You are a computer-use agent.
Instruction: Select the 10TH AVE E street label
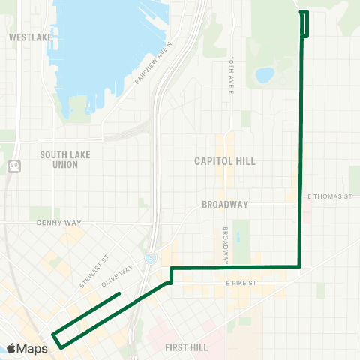point(232,72)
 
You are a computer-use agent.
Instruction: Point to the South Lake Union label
point(64,160)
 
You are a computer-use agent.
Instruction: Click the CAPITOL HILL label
point(225,161)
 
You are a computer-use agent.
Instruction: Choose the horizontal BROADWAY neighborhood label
point(225,204)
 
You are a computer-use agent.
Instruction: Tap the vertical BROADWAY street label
point(224,242)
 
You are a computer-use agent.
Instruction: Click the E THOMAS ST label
point(330,196)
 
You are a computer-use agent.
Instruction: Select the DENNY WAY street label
point(58,223)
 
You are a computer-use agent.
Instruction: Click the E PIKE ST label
point(241,283)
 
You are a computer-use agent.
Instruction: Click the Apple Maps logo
point(27,348)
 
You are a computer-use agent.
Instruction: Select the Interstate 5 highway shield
point(151,257)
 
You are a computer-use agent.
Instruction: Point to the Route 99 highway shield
point(13,166)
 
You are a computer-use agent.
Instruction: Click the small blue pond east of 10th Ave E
point(264,75)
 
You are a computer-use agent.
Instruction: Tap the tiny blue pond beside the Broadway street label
point(238,238)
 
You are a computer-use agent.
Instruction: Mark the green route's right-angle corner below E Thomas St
point(300,266)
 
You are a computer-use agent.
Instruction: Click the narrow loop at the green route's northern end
point(305,23)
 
